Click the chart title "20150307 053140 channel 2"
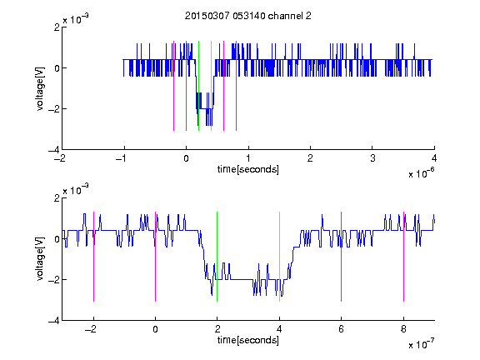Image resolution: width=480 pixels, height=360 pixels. coord(248,16)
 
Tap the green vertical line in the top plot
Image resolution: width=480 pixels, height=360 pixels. coord(198,86)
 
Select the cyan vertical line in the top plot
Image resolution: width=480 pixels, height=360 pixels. coord(211,86)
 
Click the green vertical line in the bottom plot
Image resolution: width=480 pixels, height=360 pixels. coord(217,257)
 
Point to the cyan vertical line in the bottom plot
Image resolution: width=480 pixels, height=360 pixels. coord(279,257)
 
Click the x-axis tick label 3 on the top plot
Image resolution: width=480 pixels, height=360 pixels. coord(372,158)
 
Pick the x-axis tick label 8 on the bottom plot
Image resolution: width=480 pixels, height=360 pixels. coord(403,329)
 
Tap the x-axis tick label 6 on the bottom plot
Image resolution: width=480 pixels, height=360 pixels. coord(342,329)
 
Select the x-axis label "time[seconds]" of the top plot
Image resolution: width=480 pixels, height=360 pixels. coord(248,169)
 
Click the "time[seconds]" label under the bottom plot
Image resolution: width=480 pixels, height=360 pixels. coord(248,340)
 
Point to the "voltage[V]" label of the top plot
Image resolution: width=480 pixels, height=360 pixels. coord(40,89)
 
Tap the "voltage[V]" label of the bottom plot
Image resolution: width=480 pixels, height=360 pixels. coord(40,259)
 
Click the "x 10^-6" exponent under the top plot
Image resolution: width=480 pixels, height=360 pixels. coord(421,173)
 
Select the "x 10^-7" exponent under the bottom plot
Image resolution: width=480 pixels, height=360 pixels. coord(421,344)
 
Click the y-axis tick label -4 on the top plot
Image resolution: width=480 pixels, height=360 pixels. coord(54,150)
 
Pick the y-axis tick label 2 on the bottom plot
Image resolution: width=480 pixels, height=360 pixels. coord(57,198)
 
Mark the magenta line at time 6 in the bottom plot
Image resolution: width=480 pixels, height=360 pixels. coord(342,257)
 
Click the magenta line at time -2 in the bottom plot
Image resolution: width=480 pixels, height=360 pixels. coord(93,257)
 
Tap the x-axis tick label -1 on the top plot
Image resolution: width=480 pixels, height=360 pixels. coord(121,158)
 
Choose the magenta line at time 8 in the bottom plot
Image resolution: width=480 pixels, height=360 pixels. coord(403,257)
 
